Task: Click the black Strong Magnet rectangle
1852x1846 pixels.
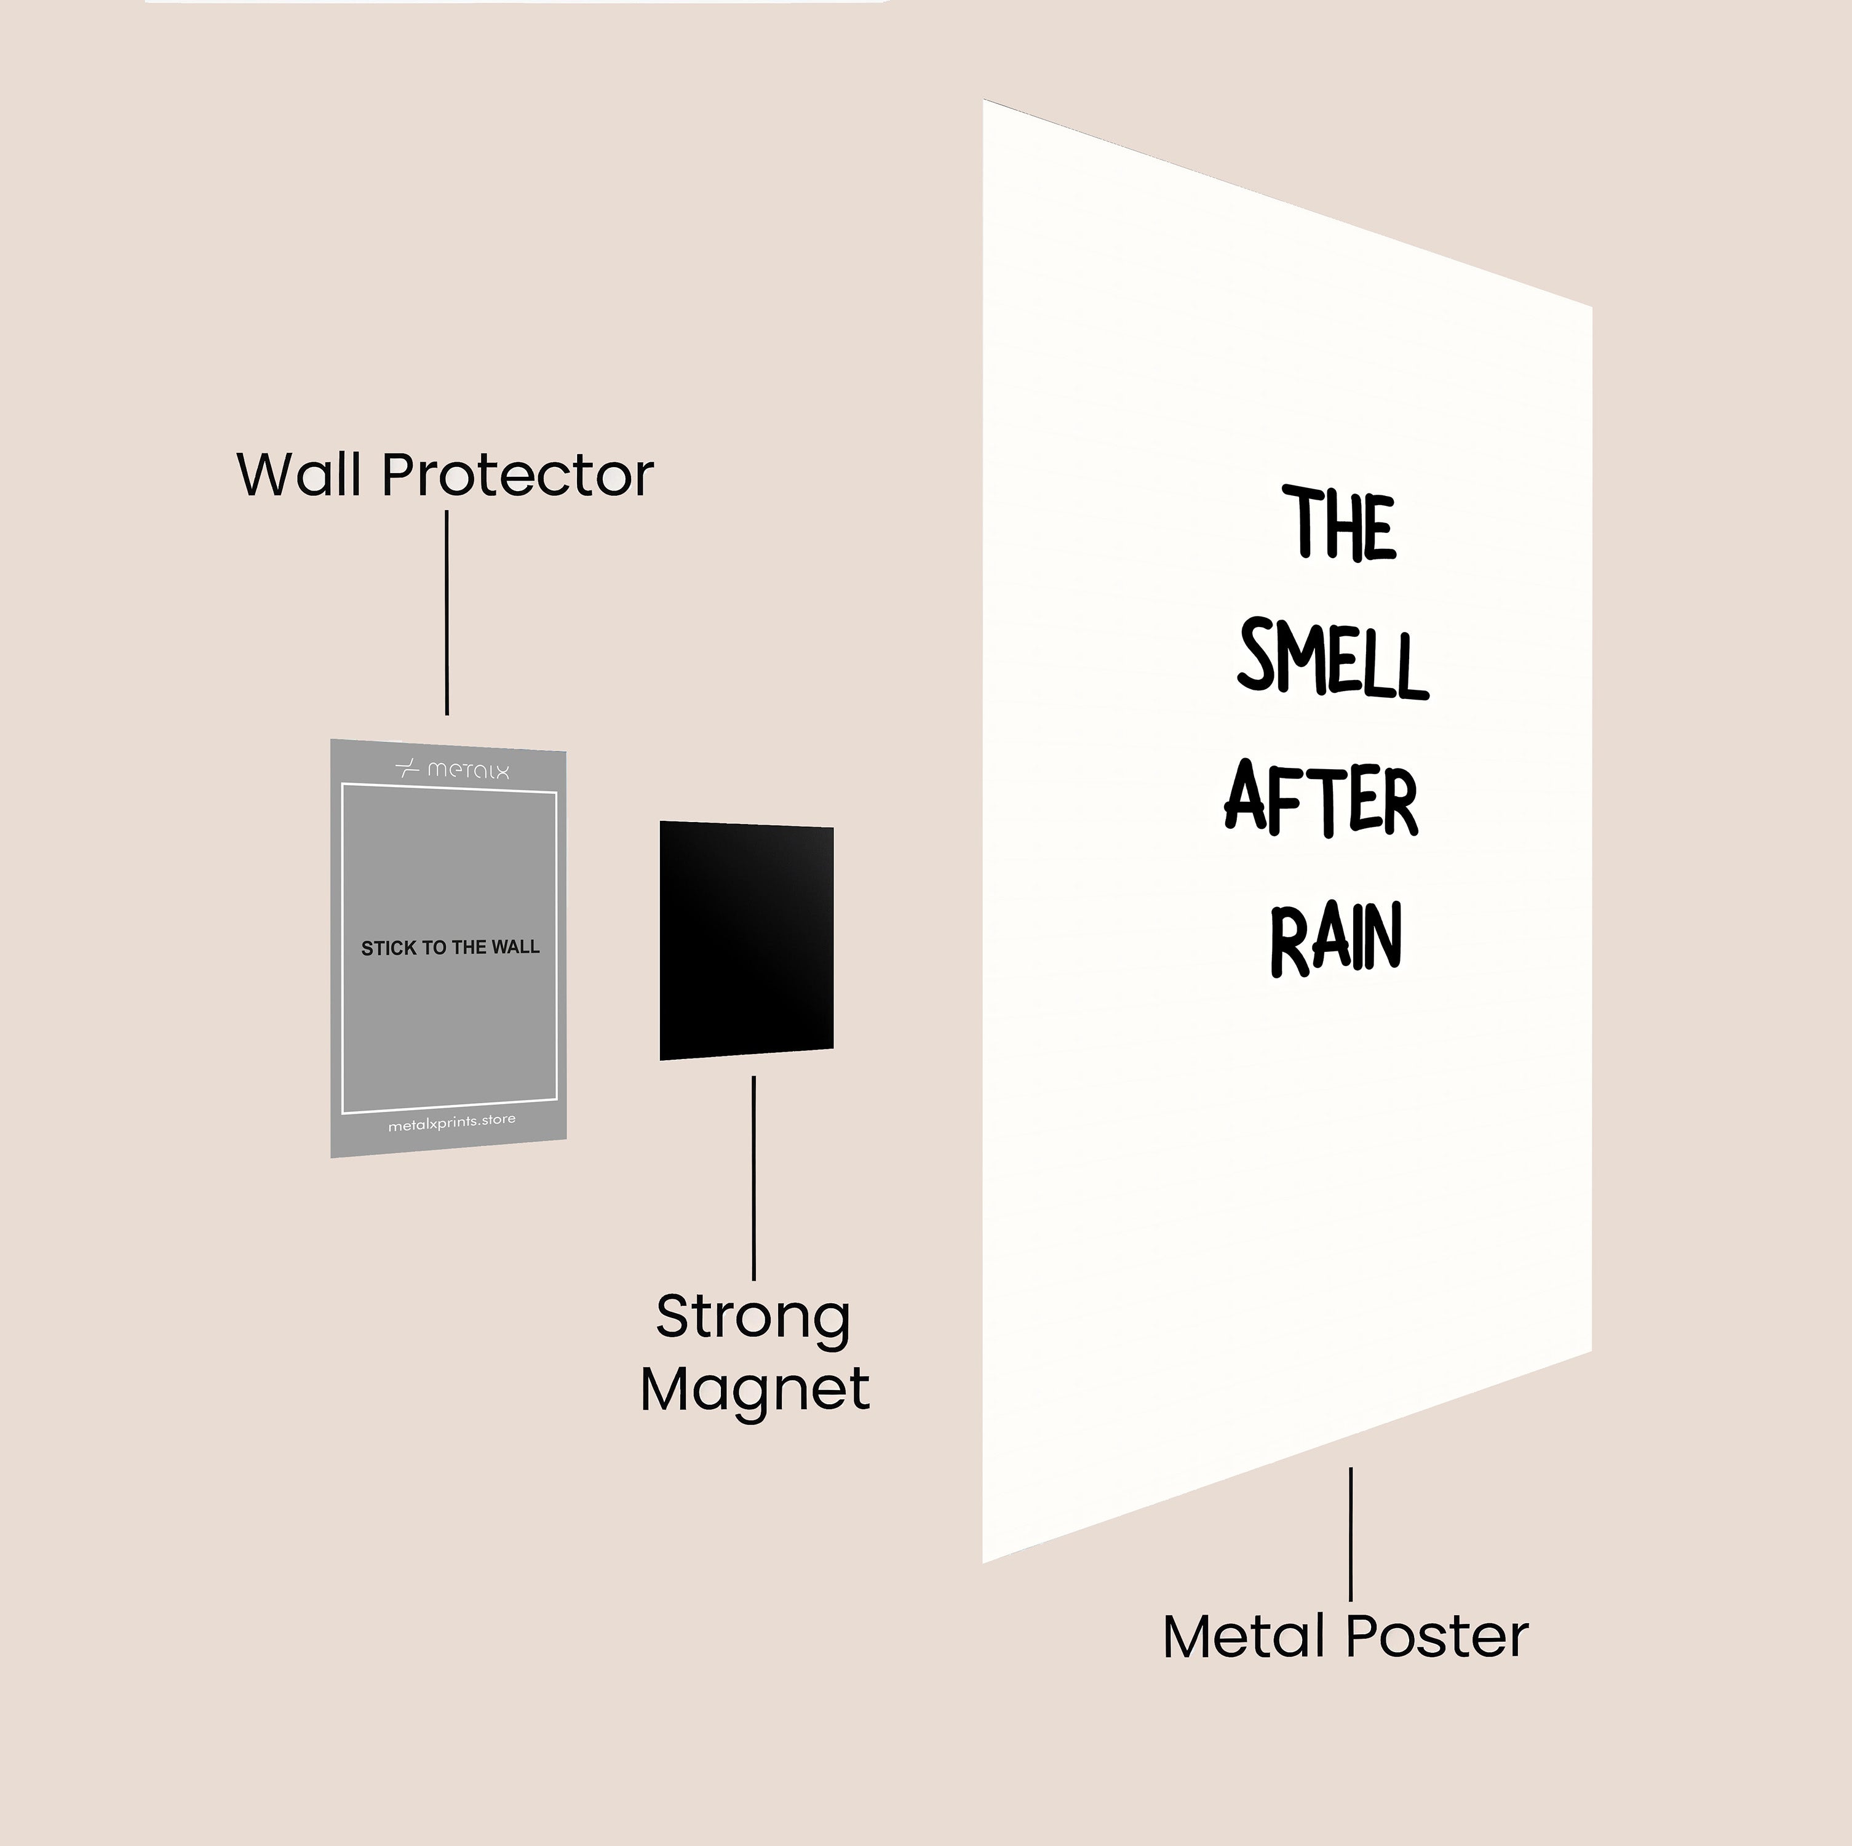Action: [746, 940]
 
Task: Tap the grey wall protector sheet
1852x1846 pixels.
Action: [448, 1036]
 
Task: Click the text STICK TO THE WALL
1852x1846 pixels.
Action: [450, 948]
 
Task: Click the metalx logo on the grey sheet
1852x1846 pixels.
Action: [453, 769]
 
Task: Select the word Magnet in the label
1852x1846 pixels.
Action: [755, 1389]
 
